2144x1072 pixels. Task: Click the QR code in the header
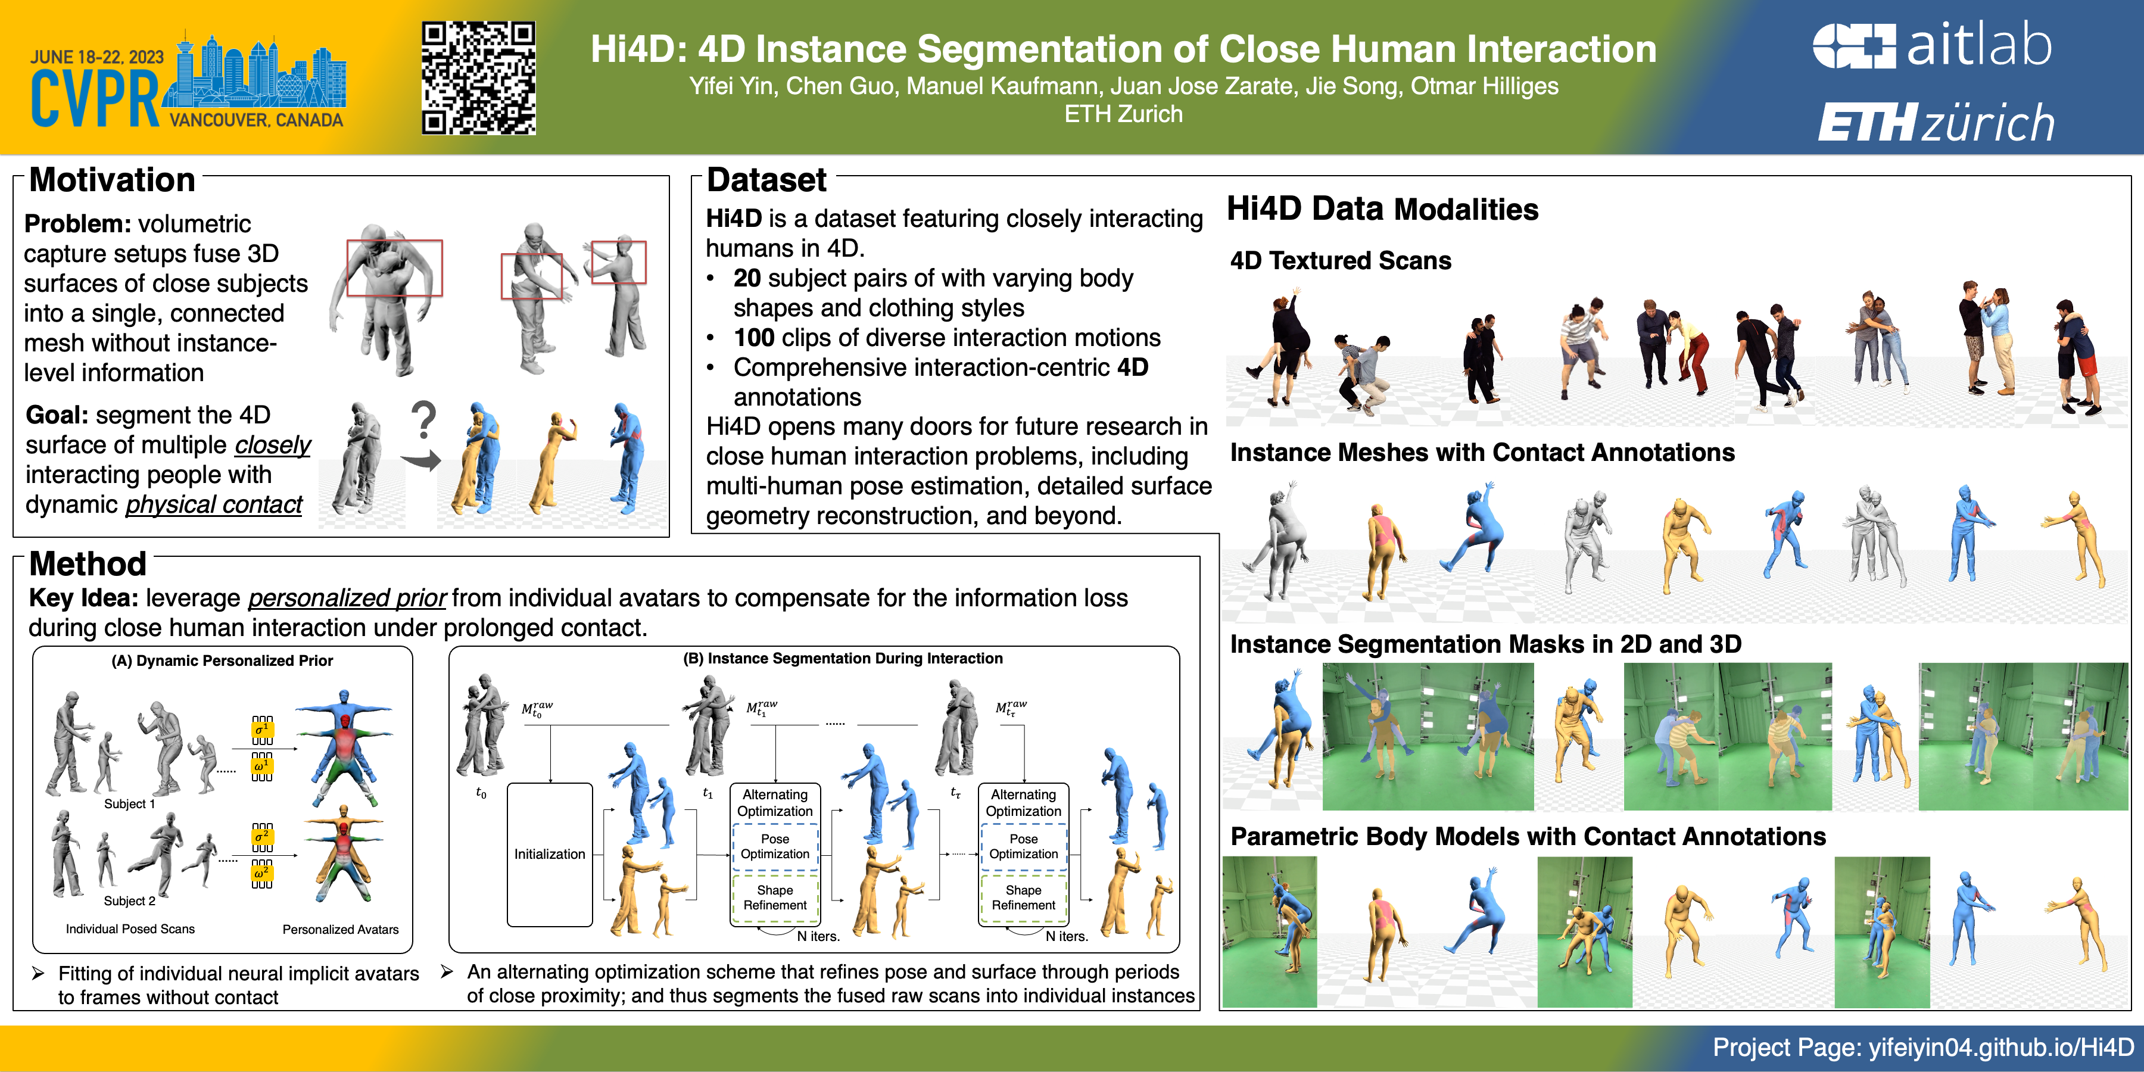pos(479,78)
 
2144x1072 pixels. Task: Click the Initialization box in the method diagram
pos(549,854)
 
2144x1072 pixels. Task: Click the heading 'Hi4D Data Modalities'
pos(1382,209)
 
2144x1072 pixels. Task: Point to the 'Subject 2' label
pos(129,900)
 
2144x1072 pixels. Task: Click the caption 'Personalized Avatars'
pos(341,929)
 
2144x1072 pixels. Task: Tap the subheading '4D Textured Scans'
pos(1341,260)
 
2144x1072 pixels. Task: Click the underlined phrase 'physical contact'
pos(214,504)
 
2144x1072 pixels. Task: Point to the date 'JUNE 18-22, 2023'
pos(98,57)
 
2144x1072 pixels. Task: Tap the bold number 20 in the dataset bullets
pos(747,278)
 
